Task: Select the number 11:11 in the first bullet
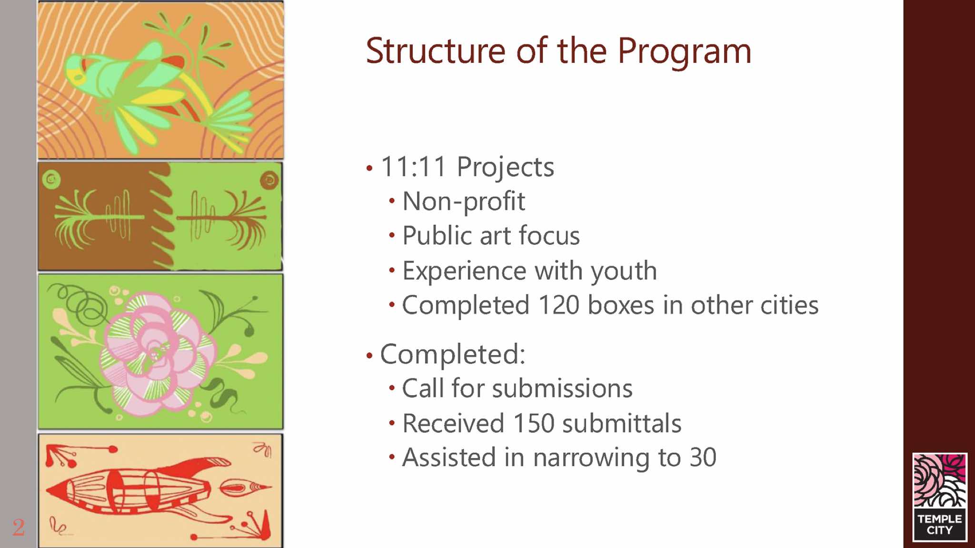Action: (414, 167)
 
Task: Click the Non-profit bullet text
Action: (464, 202)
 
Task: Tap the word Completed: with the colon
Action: (453, 355)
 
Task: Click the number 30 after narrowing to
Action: (703, 458)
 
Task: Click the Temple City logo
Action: (939, 497)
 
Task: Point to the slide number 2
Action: (19, 528)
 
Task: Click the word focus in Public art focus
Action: (549, 236)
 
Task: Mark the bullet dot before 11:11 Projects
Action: (369, 168)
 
